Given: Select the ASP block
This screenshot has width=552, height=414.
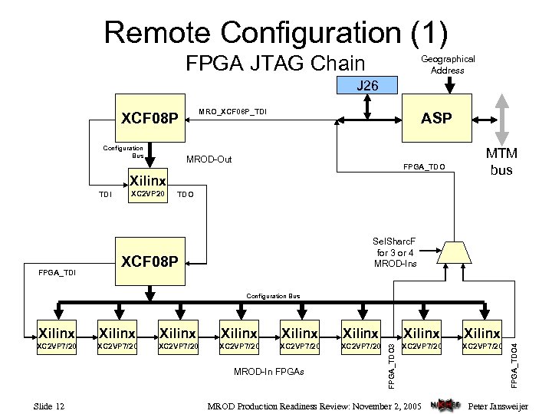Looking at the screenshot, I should tap(438, 118).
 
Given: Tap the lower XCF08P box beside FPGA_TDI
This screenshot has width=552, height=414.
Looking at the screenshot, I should tap(149, 263).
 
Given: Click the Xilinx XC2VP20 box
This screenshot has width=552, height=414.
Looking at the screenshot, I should tap(147, 186).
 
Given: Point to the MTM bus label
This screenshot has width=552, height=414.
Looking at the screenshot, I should tap(501, 162).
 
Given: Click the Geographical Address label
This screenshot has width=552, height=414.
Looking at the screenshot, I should tap(448, 64).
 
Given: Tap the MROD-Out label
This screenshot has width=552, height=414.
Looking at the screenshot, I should tap(209, 160).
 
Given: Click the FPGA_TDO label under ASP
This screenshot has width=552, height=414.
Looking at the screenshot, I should tap(422, 168).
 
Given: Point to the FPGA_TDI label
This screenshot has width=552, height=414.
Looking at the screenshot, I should tap(58, 272).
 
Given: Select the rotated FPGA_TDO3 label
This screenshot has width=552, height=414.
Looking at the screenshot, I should tap(392, 365).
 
